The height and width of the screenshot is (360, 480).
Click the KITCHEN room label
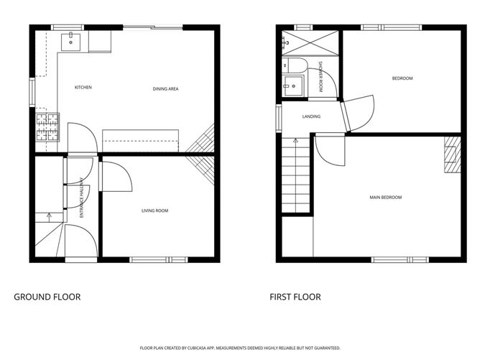[83, 88]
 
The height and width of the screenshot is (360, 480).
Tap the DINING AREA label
[165, 89]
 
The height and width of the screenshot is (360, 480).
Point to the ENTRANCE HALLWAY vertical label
[82, 198]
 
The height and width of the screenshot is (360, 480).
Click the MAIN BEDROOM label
[386, 198]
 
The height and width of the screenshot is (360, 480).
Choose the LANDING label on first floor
[311, 116]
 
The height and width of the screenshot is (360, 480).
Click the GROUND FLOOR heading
[47, 297]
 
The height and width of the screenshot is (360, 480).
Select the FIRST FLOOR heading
[295, 297]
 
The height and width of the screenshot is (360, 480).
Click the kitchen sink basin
[72, 42]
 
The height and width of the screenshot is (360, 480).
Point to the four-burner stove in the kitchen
[47, 128]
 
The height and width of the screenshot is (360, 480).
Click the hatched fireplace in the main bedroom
[451, 156]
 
